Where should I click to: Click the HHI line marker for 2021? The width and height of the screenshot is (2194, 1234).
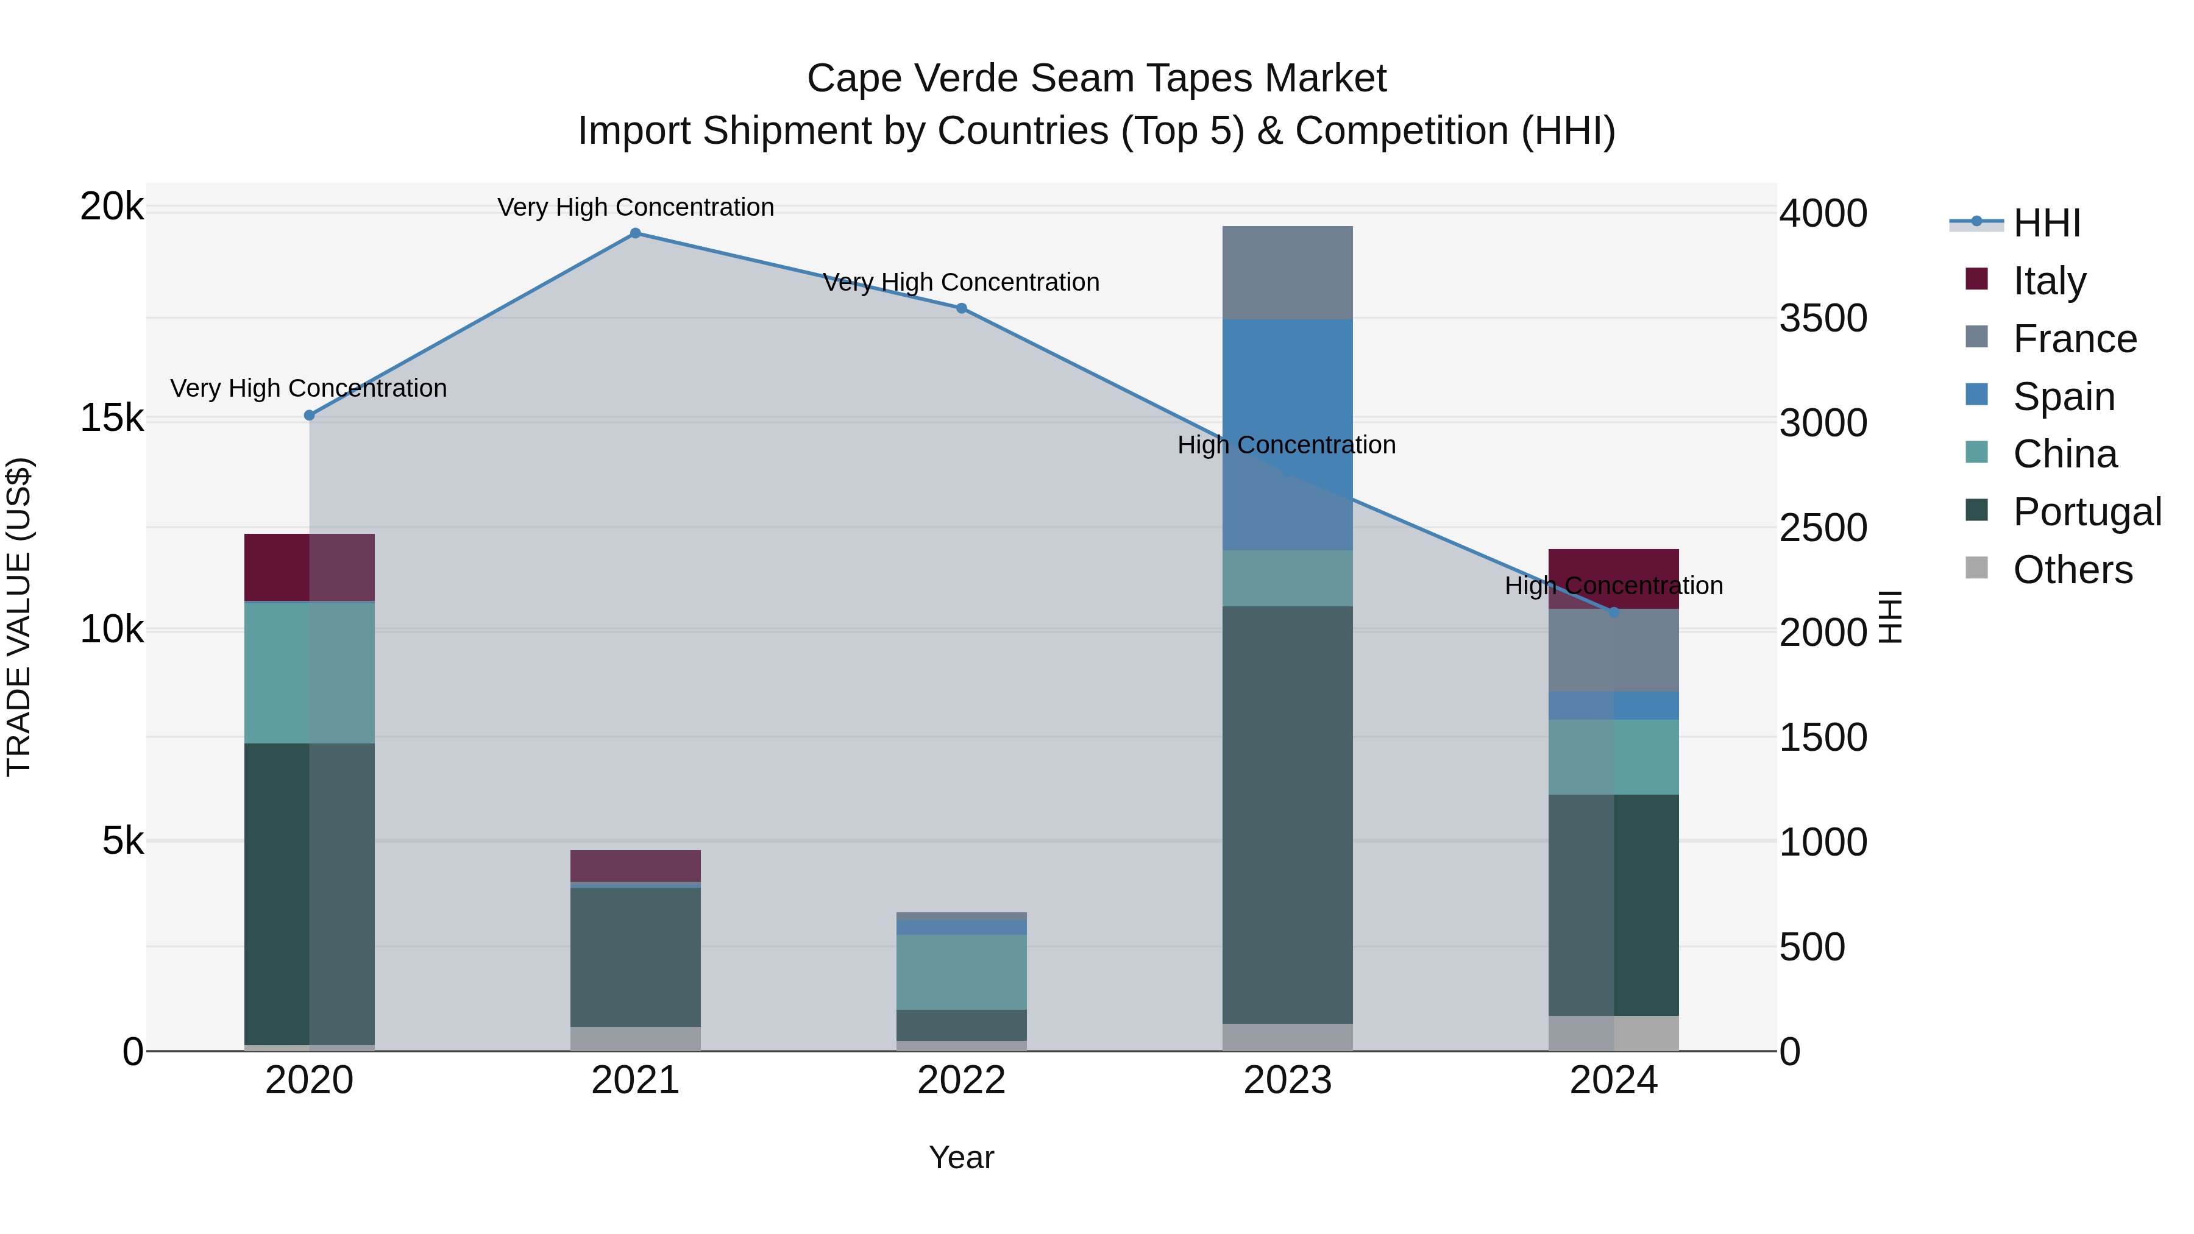636,233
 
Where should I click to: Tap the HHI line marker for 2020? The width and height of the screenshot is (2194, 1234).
309,416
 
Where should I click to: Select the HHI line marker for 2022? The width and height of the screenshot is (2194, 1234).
962,308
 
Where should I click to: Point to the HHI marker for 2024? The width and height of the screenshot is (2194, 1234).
1614,612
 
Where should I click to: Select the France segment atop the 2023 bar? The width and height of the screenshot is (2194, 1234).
1287,272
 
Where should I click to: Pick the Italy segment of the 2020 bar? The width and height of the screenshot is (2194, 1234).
309,567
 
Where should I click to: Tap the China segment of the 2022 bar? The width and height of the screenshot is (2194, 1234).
962,972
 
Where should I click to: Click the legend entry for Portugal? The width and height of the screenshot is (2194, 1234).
2086,512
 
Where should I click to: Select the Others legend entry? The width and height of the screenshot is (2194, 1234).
2072,570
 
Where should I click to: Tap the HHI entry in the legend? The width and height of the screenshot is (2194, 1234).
2046,223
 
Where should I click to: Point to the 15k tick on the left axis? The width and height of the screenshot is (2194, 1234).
112,418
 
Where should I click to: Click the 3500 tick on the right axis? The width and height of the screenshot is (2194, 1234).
1823,319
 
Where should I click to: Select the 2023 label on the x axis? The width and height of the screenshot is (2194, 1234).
1287,1080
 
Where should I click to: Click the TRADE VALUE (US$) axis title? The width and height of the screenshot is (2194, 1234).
19,617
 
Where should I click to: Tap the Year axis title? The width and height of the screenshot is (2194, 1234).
962,1157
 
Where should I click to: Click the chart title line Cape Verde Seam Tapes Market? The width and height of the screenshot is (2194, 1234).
1096,79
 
